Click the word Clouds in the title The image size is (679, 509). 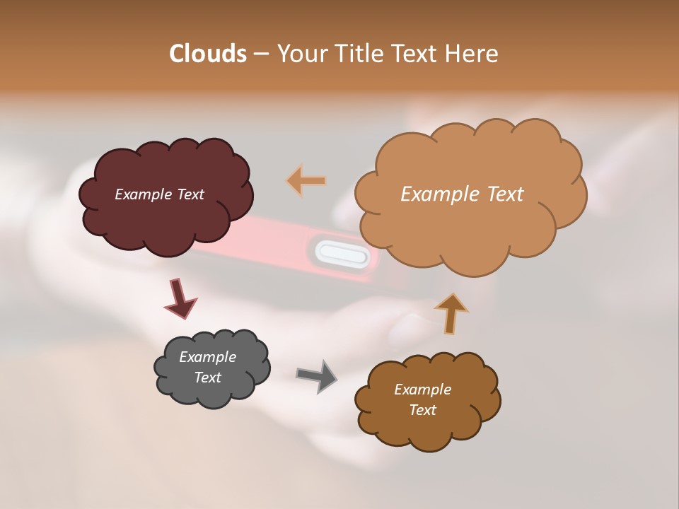(x=208, y=54)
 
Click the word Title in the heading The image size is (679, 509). (x=359, y=54)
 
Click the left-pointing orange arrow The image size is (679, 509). (x=306, y=181)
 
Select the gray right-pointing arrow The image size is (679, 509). (x=316, y=375)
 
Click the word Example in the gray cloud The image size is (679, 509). (x=207, y=357)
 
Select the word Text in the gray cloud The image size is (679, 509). (x=208, y=378)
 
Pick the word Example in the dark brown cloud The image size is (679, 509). (x=422, y=390)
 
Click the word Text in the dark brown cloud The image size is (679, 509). (x=422, y=410)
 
